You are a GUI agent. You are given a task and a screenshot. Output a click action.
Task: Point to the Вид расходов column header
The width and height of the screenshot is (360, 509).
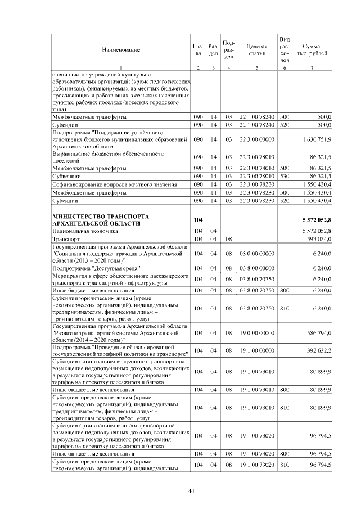[285, 50]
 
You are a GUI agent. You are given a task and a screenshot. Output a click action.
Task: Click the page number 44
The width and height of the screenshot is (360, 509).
[191, 491]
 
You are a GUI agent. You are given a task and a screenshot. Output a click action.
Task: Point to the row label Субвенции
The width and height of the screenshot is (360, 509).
[66, 176]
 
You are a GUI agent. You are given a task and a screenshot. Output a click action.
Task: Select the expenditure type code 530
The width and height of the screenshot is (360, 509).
[285, 176]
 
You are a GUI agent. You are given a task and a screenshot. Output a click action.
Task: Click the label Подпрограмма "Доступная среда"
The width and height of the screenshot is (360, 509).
[96, 269]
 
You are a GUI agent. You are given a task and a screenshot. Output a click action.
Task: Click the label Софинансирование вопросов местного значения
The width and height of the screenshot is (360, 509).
[112, 184]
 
